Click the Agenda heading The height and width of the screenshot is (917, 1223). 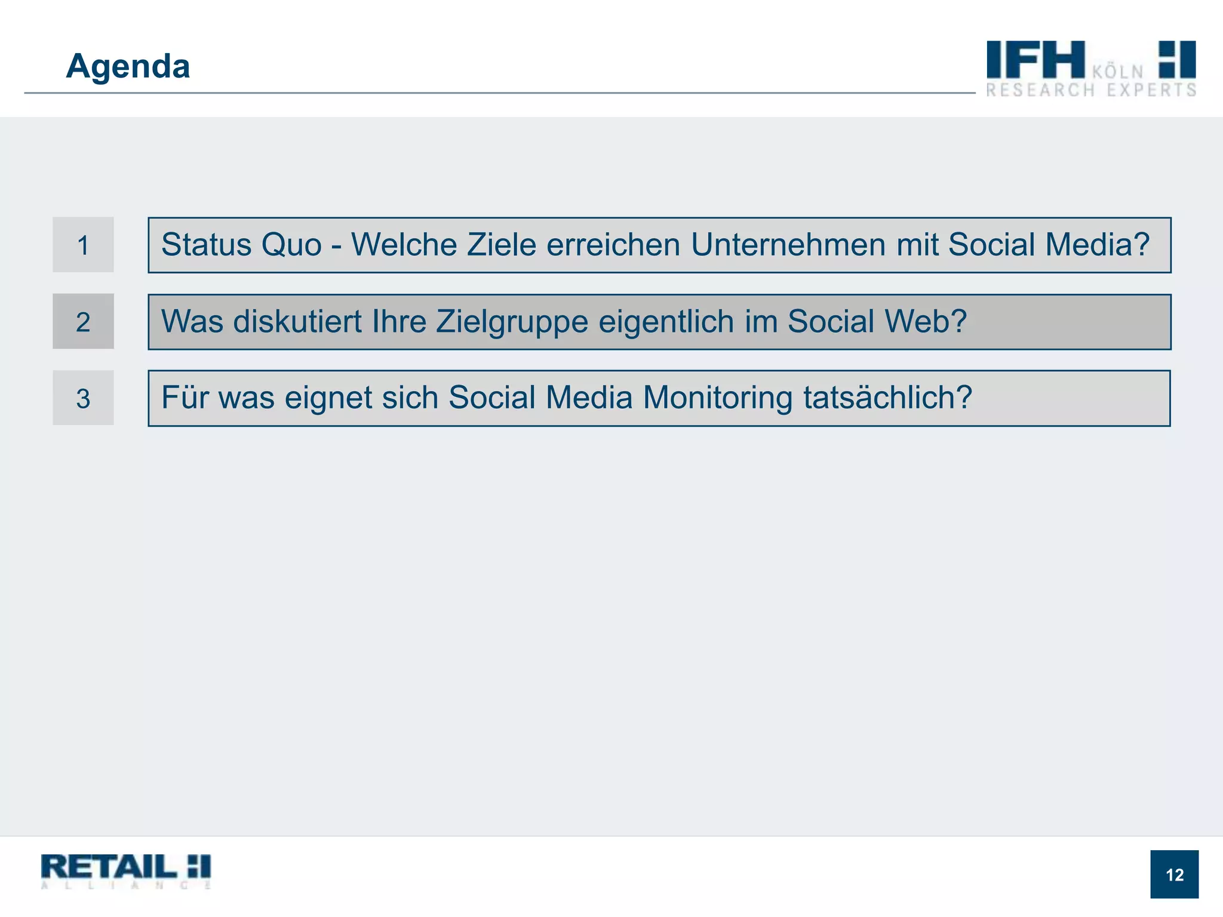[128, 66]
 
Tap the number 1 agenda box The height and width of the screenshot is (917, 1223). [83, 245]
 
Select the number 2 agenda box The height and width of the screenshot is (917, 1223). [83, 322]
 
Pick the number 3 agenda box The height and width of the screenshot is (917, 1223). [83, 398]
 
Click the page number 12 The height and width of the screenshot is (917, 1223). [1174, 875]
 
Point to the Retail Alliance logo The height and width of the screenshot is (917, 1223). [126, 871]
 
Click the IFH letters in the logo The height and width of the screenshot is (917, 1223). [1035, 60]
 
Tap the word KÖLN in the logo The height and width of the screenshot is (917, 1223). [1118, 72]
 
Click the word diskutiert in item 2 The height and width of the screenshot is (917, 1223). [297, 322]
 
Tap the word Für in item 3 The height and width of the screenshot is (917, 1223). [185, 398]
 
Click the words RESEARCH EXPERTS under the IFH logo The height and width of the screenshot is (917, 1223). [1091, 90]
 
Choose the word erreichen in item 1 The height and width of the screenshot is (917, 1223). [613, 245]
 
